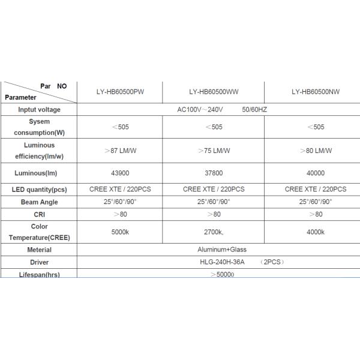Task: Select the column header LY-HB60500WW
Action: pos(214,92)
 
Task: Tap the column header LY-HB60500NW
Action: pos(316,92)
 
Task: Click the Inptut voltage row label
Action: pos(39,110)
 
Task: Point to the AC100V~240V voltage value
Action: pos(200,110)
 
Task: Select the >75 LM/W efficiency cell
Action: pos(214,151)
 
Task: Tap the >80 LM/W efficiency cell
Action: pos(316,151)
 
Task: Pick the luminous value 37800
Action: pos(214,173)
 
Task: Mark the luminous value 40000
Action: pos(316,173)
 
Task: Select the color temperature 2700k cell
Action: pos(214,232)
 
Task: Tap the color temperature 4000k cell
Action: pos(316,232)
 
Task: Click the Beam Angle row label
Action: pos(39,202)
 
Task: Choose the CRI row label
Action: pos(39,214)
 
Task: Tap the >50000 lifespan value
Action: pos(222,274)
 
